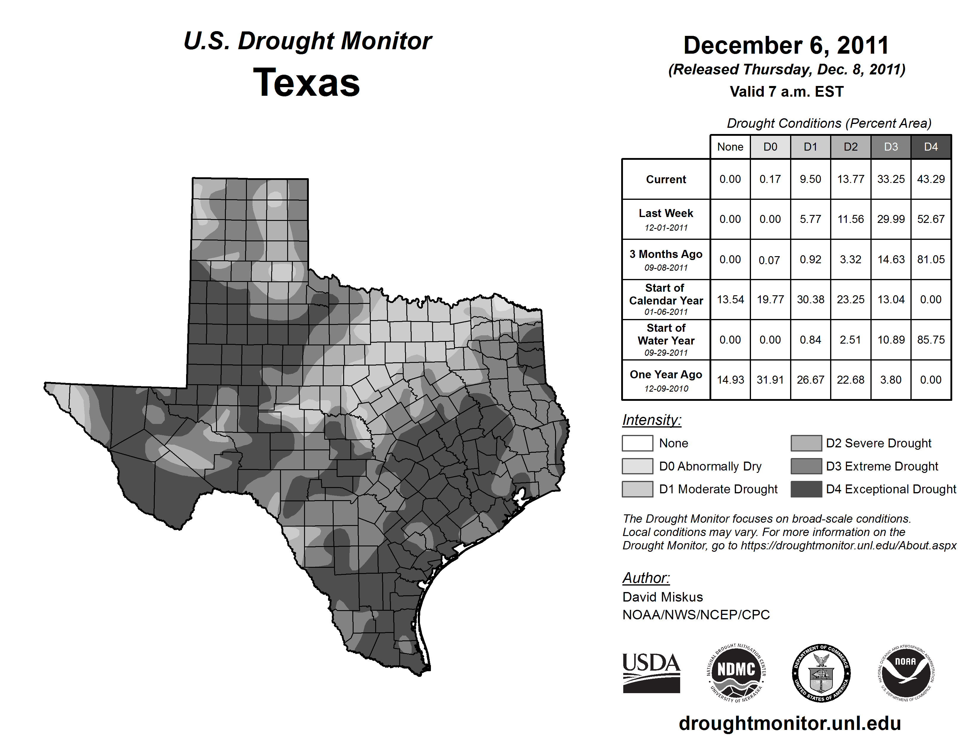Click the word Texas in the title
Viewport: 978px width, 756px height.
(x=306, y=83)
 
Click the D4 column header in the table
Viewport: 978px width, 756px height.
(x=931, y=147)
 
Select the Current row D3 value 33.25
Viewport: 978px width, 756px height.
(x=891, y=179)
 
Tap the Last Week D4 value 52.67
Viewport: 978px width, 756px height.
(x=931, y=219)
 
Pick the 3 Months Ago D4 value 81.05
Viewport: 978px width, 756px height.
(x=931, y=259)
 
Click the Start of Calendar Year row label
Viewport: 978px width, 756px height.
(x=666, y=299)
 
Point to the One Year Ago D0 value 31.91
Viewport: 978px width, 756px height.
(x=770, y=380)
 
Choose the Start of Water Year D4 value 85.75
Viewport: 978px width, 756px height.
(x=931, y=340)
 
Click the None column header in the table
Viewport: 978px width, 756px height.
(x=730, y=147)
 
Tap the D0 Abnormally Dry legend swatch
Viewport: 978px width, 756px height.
(x=637, y=466)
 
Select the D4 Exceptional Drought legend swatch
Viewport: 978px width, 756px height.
(x=806, y=489)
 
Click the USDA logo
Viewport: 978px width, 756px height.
(x=651, y=673)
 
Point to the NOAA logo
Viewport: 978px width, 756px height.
(x=905, y=673)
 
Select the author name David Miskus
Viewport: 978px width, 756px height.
(x=662, y=597)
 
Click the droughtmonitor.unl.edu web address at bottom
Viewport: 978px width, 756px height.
(x=790, y=723)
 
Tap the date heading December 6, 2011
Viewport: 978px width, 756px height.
(x=786, y=46)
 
